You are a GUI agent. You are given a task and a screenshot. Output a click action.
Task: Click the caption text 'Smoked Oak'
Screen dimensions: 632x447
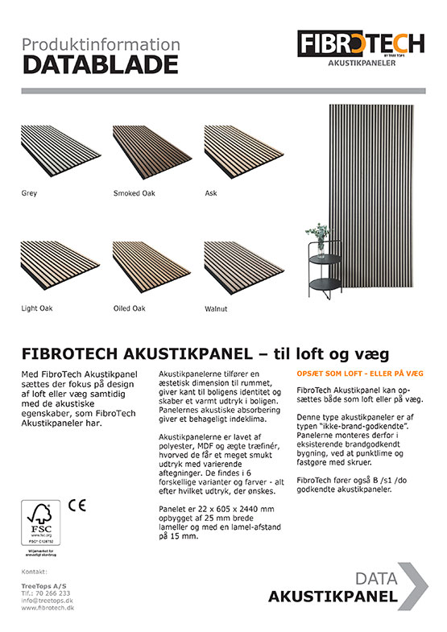(x=134, y=193)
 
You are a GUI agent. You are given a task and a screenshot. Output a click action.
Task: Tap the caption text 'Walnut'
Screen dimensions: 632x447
(x=216, y=308)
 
